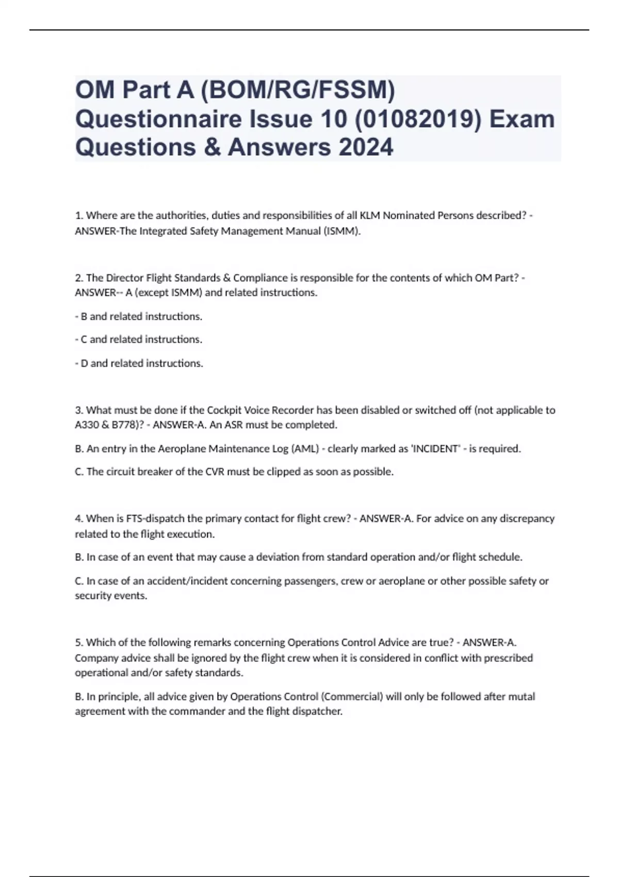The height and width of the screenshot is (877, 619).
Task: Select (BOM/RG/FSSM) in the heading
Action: [x=298, y=90]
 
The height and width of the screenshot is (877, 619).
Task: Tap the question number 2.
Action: [x=79, y=278]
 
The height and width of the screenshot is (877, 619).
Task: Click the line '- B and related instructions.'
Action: [x=139, y=316]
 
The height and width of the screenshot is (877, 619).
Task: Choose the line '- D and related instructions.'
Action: [x=139, y=363]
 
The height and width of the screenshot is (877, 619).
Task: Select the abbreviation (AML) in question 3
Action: [x=305, y=448]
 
